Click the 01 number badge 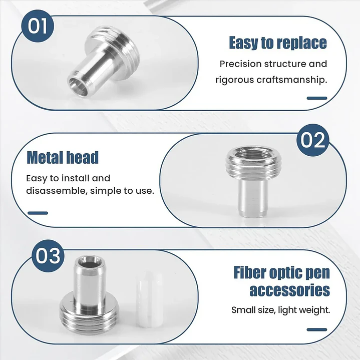coord(38,26)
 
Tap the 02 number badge coord(313,140)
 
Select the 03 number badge coord(48,256)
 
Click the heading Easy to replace coord(278,43)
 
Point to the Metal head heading coord(63,158)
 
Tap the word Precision coord(240,64)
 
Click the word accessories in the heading coord(290,290)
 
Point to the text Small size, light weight coord(280,310)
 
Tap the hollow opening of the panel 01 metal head coord(78,86)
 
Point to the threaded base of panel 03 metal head coord(89,316)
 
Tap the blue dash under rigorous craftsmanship coord(317,98)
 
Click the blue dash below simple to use coord(38,213)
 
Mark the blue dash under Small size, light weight coord(317,329)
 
